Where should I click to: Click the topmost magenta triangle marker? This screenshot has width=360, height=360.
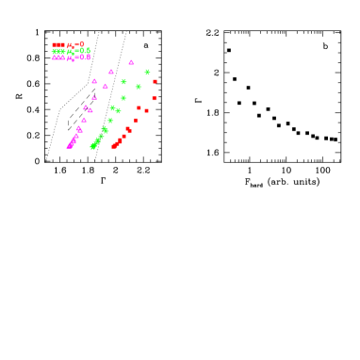point(131,62)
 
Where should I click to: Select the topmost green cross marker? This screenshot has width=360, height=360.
point(147,72)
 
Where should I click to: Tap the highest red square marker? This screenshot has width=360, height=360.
point(155,81)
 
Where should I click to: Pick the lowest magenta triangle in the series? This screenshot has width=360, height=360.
point(69,146)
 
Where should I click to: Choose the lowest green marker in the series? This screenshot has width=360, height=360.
point(92,147)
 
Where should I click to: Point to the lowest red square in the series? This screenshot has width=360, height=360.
point(114,146)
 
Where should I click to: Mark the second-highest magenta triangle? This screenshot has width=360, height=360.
point(111,72)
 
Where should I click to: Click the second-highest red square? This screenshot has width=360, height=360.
point(155,98)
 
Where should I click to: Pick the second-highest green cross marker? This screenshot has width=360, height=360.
point(123,82)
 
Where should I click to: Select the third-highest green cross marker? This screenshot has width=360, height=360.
point(139,87)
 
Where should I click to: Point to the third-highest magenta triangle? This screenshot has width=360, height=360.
point(94,81)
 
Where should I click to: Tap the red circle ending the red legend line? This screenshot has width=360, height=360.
point(82,44)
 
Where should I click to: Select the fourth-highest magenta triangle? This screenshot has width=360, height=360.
point(106,86)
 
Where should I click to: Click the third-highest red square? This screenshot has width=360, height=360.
point(139,107)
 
